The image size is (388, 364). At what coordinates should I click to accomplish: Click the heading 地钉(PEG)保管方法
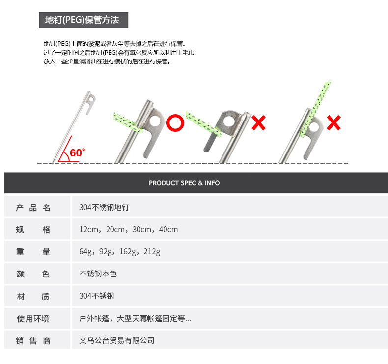point(82,20)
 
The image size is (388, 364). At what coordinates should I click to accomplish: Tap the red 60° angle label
point(77,152)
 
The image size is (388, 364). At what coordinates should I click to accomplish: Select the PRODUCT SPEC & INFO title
point(184,183)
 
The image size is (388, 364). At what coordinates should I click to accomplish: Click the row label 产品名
point(33,208)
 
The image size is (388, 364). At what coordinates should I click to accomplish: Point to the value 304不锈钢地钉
point(104,208)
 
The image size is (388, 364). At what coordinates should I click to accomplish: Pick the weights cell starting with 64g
point(120,252)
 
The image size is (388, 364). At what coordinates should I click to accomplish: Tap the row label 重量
point(33,252)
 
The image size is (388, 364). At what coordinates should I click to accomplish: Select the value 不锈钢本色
point(98,274)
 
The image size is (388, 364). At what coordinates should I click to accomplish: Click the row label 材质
point(33,296)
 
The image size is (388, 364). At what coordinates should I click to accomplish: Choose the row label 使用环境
point(33,319)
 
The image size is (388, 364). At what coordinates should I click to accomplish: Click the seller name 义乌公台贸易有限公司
point(117,340)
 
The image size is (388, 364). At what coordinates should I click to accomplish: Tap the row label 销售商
point(33,340)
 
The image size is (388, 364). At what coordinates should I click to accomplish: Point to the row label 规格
point(33,230)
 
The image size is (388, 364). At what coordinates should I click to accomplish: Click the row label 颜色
point(33,274)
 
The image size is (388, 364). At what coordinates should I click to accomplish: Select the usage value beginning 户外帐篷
point(135,319)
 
